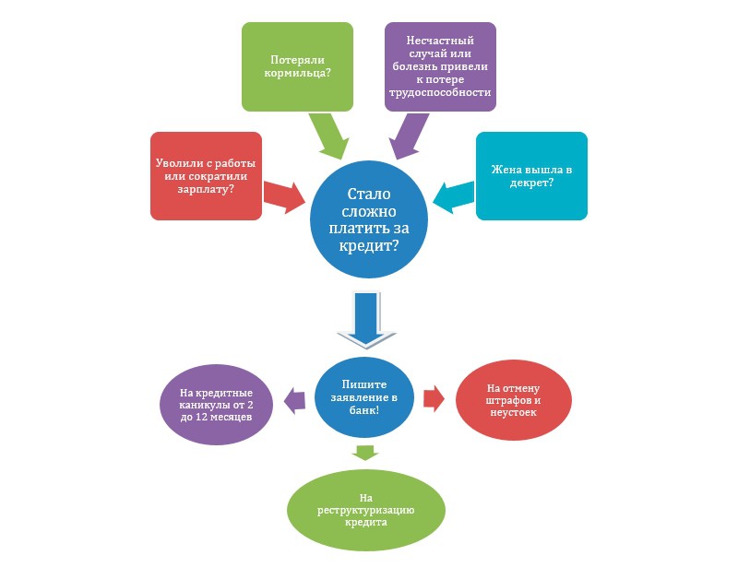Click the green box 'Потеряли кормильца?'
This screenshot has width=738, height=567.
point(297,66)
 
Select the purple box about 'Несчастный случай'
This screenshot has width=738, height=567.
point(440,66)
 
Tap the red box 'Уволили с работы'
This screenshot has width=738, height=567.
point(206,175)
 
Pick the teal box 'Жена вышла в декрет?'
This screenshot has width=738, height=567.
point(531,175)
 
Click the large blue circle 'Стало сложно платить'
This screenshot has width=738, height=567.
point(370,220)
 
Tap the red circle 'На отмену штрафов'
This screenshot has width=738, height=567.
point(511,397)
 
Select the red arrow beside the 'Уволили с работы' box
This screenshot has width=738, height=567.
point(286,195)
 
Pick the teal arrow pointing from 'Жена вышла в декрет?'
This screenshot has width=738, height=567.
point(452,196)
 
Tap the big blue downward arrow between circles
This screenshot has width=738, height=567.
point(366,318)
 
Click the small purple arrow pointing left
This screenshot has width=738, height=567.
point(294,398)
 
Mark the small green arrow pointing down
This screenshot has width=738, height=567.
point(366,451)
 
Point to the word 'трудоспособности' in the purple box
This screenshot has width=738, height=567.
point(440,94)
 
